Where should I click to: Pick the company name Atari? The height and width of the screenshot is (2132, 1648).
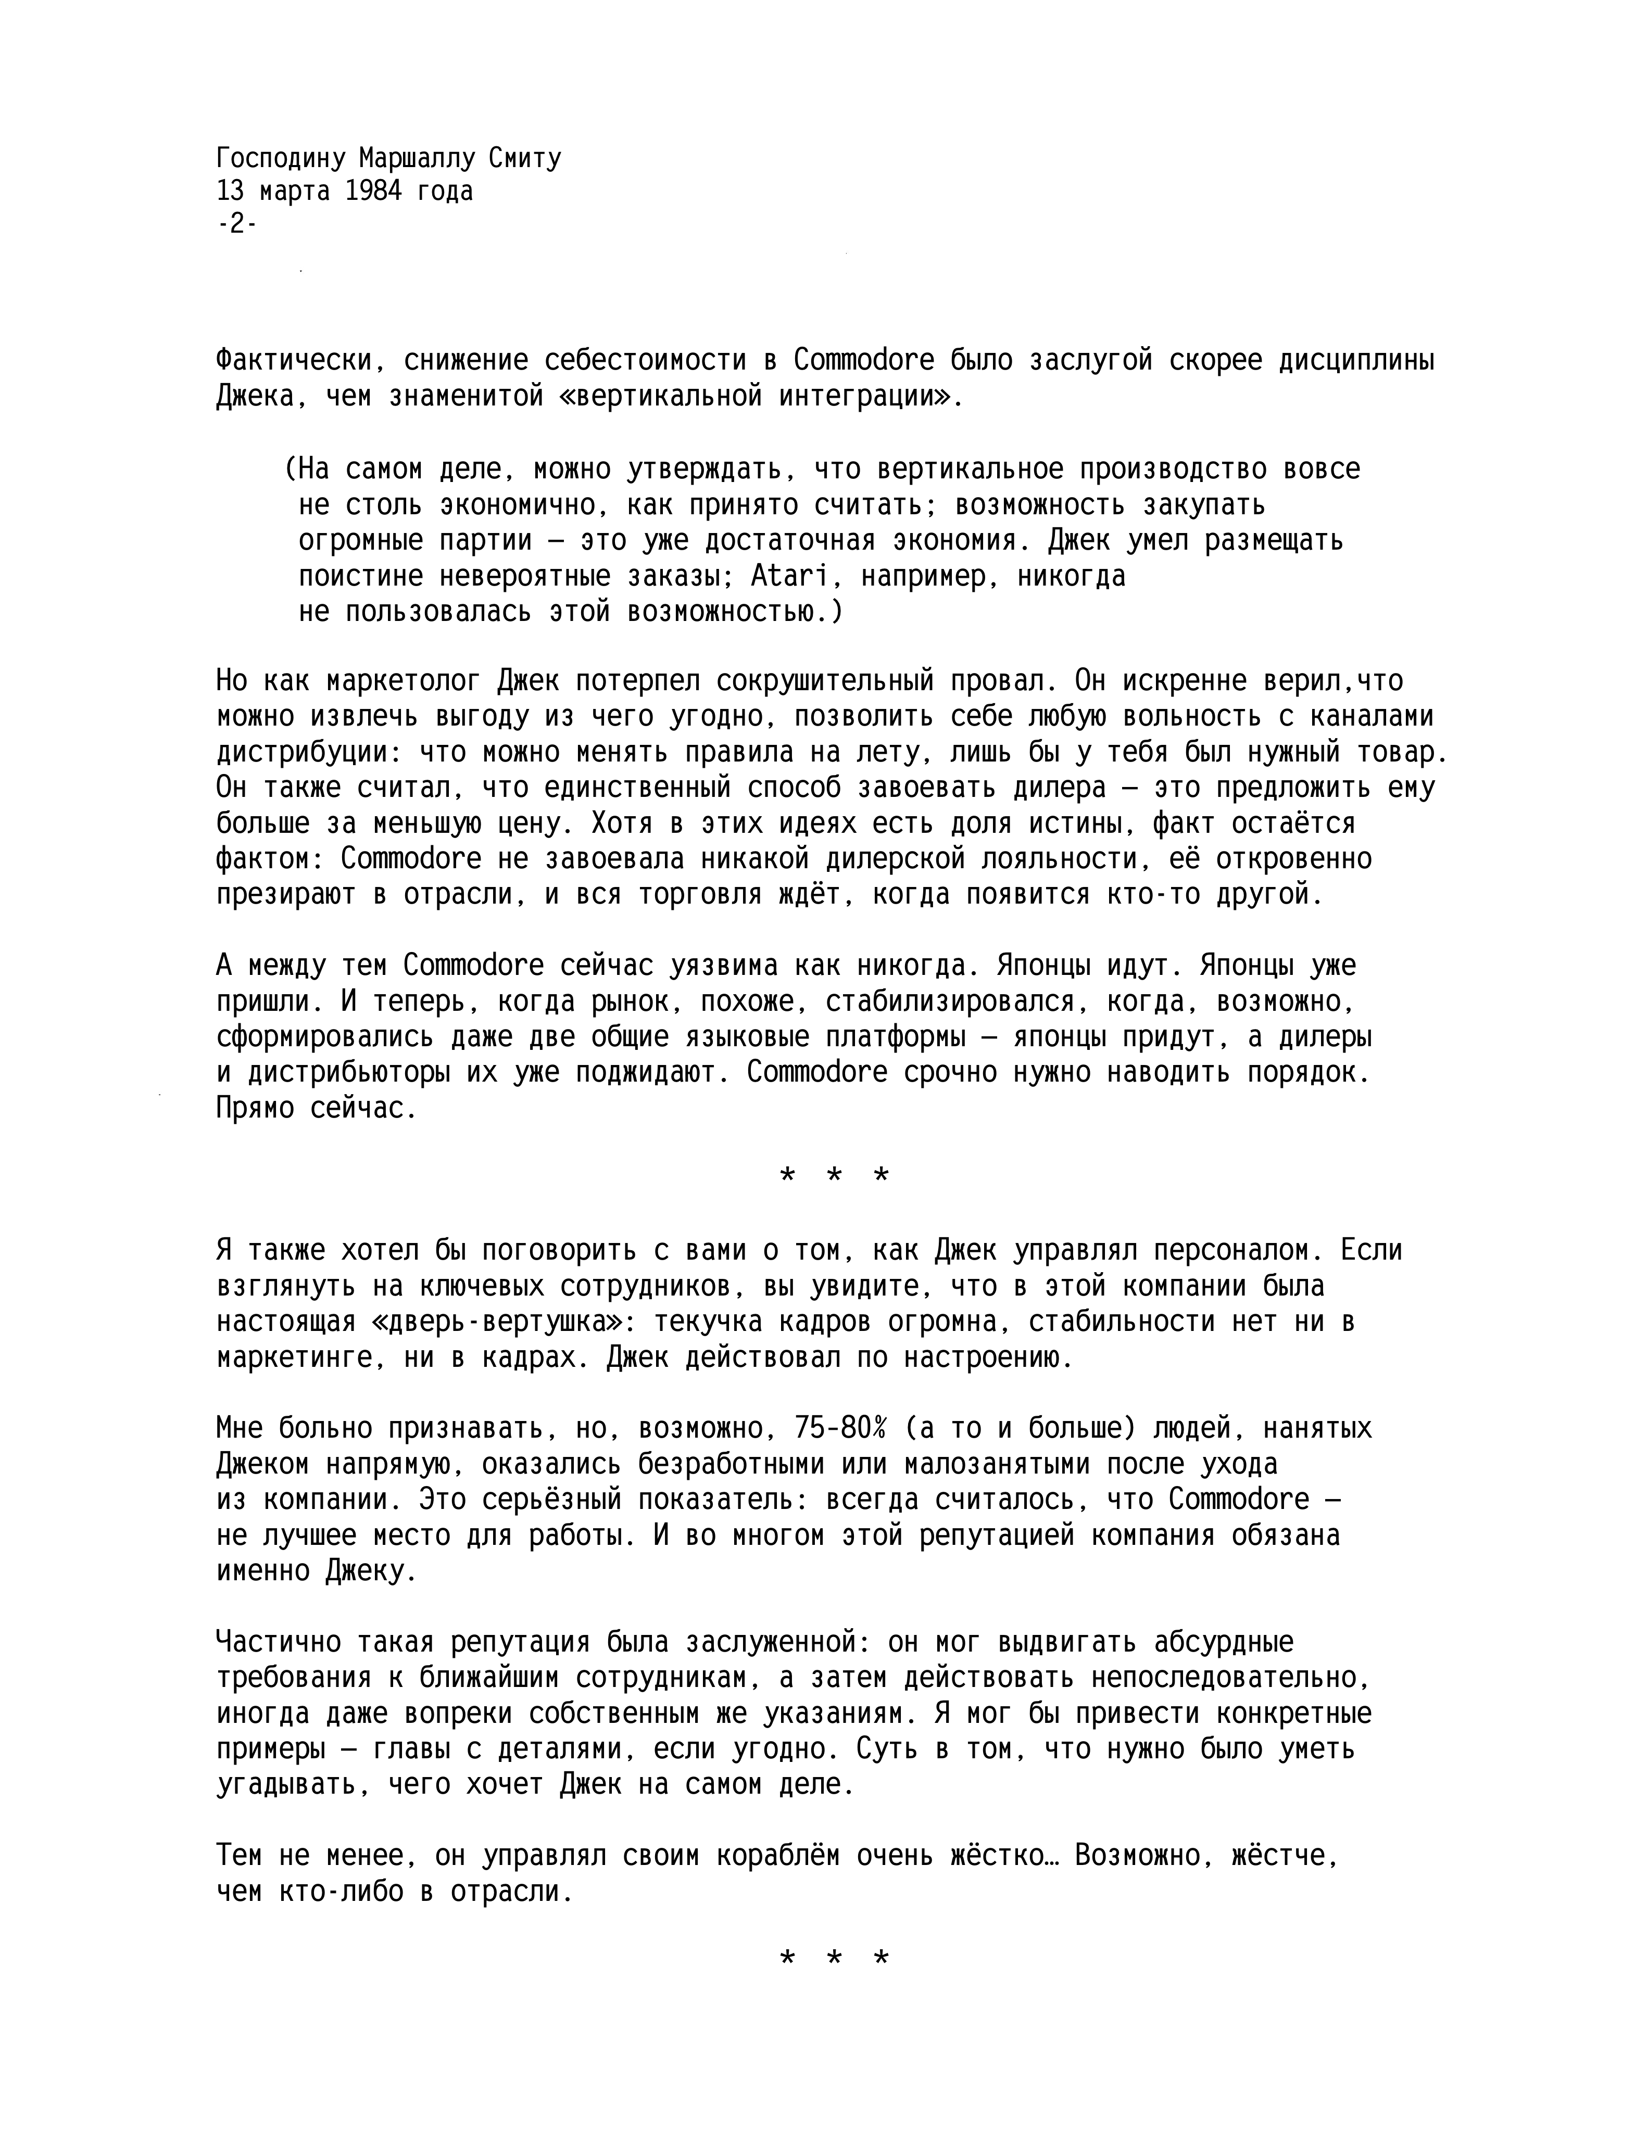click(x=789, y=577)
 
